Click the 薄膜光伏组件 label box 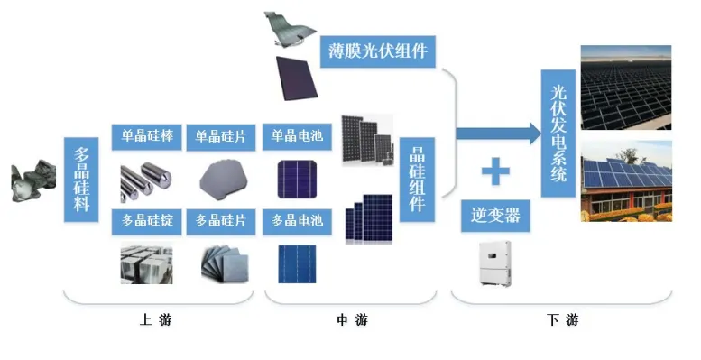[378, 51]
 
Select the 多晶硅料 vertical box [81, 180]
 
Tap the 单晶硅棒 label [147, 136]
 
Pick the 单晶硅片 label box [221, 137]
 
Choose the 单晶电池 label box [297, 136]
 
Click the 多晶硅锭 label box [147, 221]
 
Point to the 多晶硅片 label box [221, 221]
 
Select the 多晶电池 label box [297, 221]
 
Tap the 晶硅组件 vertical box [417, 180]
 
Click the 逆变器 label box [495, 216]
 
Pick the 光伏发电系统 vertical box [558, 134]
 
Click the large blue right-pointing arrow [499, 134]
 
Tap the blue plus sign [495, 171]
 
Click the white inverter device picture [495, 263]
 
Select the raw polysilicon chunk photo [33, 181]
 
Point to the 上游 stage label [155, 319]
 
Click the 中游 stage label [352, 319]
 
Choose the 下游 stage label [562, 319]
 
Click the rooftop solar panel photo [626, 181]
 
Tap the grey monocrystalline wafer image [224, 181]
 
